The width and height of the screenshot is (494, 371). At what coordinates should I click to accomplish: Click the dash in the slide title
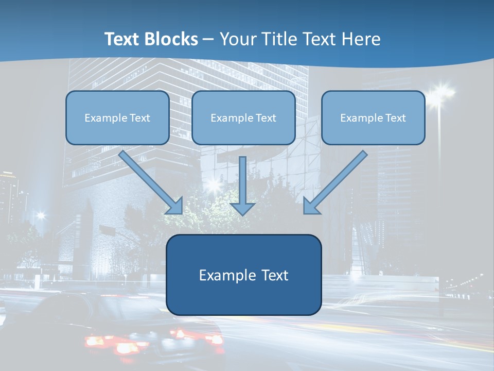click(x=208, y=40)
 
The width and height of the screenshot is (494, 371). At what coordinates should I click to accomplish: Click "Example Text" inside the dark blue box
click(x=244, y=275)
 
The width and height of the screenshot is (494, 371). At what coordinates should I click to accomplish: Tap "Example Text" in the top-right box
click(x=373, y=118)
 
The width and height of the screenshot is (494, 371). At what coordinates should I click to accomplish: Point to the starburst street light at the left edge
click(x=40, y=216)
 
